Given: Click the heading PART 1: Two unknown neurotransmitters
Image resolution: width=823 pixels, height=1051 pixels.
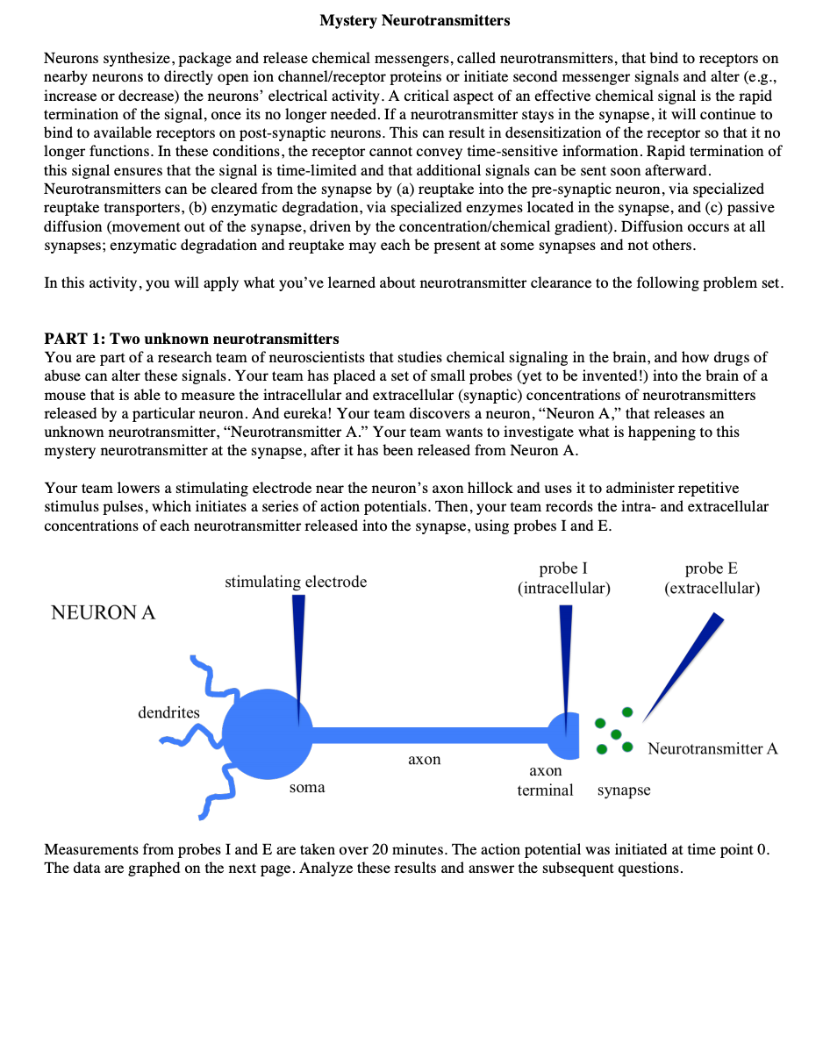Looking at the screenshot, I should click(191, 339).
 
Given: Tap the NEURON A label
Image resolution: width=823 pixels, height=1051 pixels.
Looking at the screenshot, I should click(104, 613).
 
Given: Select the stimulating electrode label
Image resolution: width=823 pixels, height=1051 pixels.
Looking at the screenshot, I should click(296, 582).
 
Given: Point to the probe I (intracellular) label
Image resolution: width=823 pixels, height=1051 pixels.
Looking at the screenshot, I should click(563, 578).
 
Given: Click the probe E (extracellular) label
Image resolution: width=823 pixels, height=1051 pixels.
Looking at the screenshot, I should click(712, 578).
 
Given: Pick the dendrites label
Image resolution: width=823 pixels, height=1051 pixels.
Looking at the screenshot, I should click(168, 712).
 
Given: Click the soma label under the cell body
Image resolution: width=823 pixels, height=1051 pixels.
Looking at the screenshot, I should click(307, 788).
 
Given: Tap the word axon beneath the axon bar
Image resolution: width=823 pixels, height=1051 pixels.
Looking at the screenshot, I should click(425, 760).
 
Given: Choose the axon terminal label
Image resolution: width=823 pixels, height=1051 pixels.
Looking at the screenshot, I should click(546, 780).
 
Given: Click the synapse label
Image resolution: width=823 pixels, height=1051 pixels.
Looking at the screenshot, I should click(624, 790).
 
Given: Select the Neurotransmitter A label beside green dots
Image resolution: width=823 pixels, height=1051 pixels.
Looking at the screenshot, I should click(712, 749).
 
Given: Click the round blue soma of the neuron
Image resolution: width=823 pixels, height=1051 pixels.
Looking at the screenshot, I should click(267, 733).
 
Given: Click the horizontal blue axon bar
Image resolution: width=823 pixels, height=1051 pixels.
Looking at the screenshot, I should click(430, 734).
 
